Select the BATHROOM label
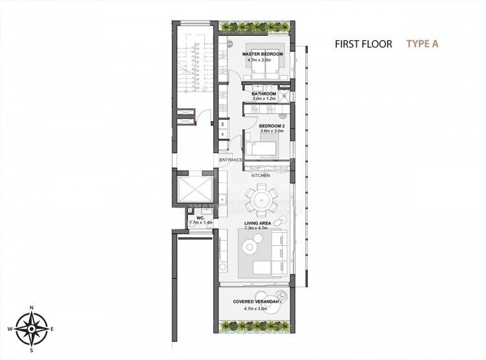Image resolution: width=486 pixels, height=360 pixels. tap(264, 94)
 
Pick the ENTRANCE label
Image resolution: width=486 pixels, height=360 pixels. tap(231, 160)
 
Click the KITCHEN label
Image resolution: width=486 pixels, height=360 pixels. tap(260, 176)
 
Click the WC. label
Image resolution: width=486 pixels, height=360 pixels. tap(192, 218)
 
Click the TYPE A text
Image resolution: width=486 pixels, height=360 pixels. tap(422, 44)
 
